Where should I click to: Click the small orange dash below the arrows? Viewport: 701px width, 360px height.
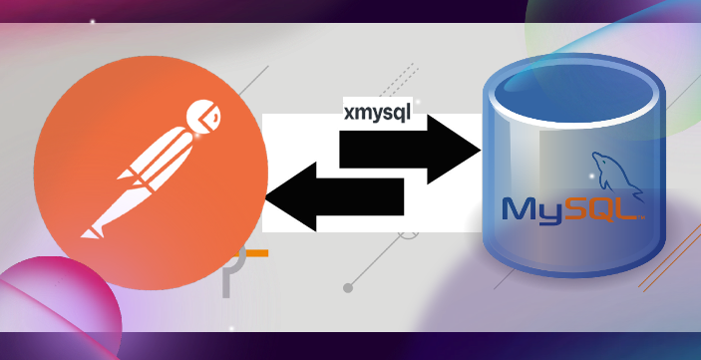click(x=256, y=254)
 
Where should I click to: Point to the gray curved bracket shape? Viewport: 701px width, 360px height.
click(x=230, y=274)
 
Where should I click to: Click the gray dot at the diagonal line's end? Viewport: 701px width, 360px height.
click(x=348, y=288)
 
